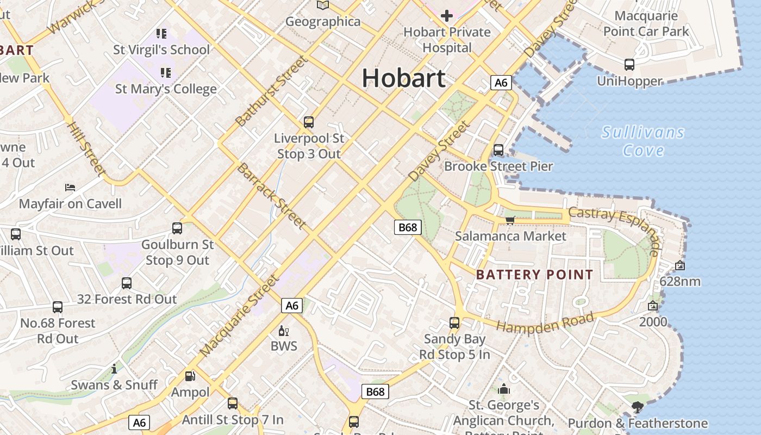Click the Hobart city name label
click(403, 78)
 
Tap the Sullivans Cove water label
click(643, 141)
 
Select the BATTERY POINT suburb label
click(534, 275)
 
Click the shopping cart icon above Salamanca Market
click(510, 220)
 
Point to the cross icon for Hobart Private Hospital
click(446, 15)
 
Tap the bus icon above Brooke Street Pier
click(498, 150)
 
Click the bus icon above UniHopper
click(629, 65)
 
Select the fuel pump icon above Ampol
click(190, 376)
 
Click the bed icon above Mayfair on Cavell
click(70, 188)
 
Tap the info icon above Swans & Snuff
click(114, 369)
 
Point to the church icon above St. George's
click(504, 389)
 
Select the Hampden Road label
click(545, 323)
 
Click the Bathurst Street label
click(272, 91)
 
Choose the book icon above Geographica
click(323, 5)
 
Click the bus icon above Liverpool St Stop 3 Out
click(309, 122)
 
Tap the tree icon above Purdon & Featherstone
click(637, 407)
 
